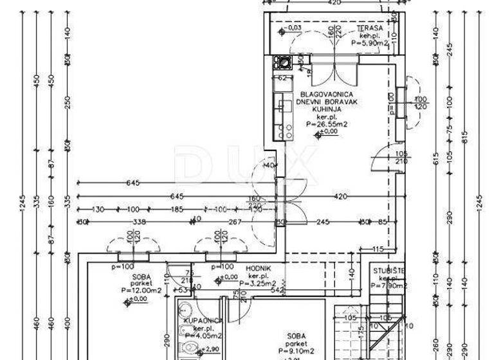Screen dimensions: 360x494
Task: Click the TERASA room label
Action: click(370, 28)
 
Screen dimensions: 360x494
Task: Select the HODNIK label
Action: click(257, 268)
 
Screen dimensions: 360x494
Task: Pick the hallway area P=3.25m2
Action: click(257, 283)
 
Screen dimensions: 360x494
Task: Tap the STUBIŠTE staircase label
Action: click(389, 271)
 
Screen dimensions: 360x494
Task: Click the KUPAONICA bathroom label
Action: click(203, 320)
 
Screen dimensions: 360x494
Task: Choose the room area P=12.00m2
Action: click(141, 291)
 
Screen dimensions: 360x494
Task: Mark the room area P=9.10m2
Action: click(297, 351)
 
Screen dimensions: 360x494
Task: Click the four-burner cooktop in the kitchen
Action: click(283, 62)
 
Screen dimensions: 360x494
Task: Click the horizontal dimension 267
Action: click(235, 222)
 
